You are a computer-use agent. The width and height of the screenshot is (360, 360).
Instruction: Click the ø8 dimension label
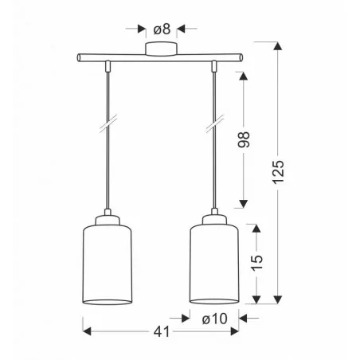click(162, 29)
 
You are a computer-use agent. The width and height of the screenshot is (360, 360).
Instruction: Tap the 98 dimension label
click(244, 139)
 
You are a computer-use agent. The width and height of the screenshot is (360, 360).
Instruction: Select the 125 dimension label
click(278, 172)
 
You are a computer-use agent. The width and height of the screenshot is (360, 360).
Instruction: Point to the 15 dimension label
click(256, 263)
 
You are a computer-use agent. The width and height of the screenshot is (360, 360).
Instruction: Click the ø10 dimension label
click(214, 319)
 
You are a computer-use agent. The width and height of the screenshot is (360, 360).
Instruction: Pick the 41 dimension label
click(162, 332)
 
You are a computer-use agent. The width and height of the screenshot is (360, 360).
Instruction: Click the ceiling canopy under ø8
click(161, 49)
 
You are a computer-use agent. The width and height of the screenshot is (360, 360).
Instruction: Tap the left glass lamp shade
click(108, 265)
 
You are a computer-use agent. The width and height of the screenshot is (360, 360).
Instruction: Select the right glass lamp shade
click(214, 264)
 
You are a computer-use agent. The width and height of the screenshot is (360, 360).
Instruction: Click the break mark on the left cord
click(108, 123)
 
